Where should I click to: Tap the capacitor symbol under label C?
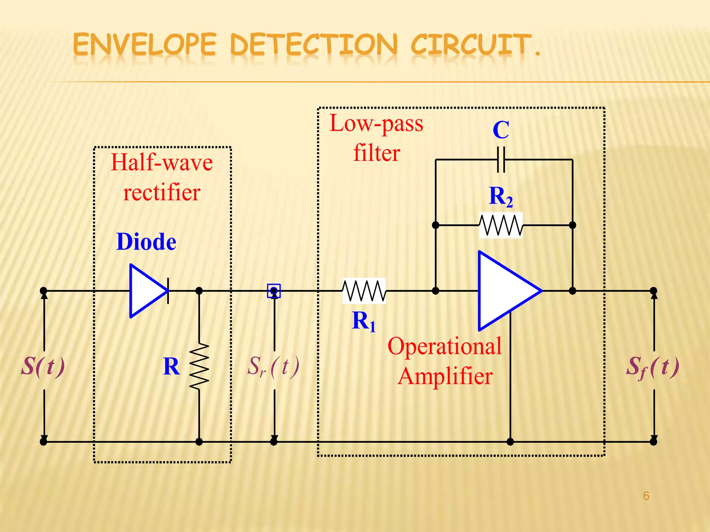pos(501,160)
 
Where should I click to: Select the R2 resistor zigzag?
pos(501,225)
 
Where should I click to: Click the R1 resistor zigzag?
pos(364,291)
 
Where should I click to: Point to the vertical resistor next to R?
pos(199,366)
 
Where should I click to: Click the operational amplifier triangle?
pos(506,291)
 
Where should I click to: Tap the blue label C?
pos(501,130)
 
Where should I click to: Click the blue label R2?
pos(500,197)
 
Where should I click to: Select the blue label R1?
pos(363,321)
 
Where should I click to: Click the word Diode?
pos(146,242)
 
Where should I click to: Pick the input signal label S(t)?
pos(43,366)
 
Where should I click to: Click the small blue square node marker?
pos(274,291)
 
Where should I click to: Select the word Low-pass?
pos(376,124)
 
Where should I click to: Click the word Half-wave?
pos(162,163)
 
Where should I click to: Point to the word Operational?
pos(444,346)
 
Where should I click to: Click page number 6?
pos(646,496)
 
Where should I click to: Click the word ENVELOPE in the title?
pos(145,45)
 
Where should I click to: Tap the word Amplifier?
pos(445,376)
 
